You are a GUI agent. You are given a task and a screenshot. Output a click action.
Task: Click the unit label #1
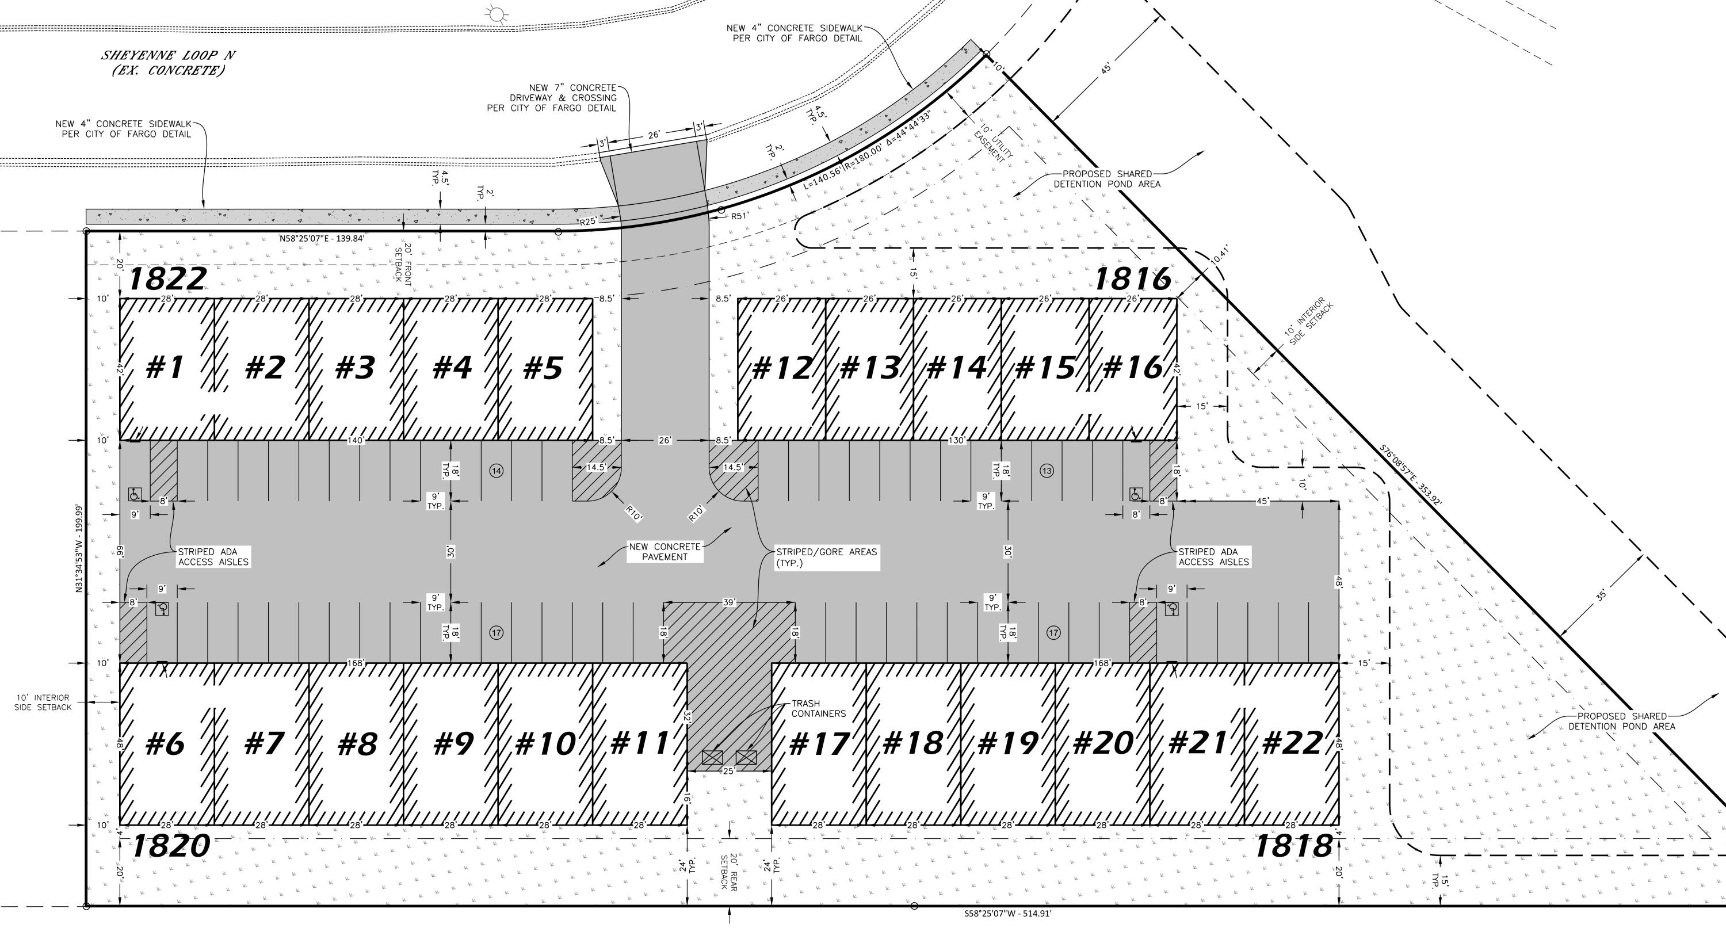(165, 367)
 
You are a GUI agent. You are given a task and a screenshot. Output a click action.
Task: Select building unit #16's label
(1132, 367)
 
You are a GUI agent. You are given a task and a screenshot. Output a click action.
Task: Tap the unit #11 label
(640, 743)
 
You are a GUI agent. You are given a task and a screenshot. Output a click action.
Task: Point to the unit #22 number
(1292, 743)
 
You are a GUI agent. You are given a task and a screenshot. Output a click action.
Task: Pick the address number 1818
(1293, 846)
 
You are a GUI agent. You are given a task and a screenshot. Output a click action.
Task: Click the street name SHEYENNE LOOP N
(168, 55)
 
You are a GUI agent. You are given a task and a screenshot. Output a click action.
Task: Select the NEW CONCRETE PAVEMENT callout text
(665, 552)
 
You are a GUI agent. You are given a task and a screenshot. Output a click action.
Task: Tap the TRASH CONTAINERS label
(818, 708)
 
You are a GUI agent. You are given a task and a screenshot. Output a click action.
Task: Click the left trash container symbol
(712, 758)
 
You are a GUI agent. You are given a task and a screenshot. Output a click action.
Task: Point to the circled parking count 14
(497, 471)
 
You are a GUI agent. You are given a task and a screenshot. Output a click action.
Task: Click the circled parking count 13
(1047, 471)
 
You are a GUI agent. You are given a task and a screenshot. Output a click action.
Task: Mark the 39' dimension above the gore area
(729, 602)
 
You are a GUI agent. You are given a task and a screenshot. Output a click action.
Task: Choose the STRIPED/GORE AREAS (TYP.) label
(826, 557)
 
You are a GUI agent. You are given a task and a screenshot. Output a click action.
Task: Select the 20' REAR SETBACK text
(729, 871)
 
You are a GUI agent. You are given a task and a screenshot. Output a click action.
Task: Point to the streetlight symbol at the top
(496, 13)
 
